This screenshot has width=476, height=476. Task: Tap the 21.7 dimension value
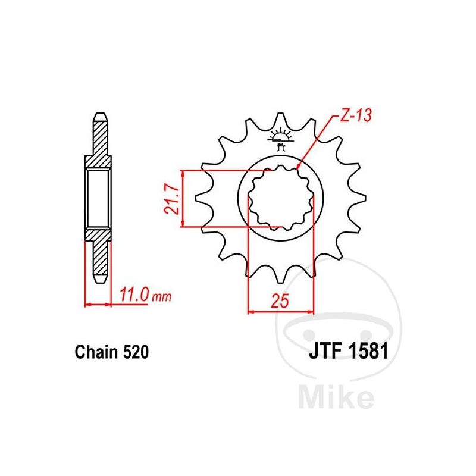(x=172, y=199)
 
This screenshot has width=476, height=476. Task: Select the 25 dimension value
(x=280, y=301)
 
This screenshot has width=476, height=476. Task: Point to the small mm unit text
(x=162, y=296)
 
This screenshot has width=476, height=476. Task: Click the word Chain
(x=96, y=352)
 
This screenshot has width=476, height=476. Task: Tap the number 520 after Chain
(x=136, y=352)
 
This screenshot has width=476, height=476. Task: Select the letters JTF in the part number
(x=326, y=352)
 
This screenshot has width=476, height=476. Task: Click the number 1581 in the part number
(x=368, y=352)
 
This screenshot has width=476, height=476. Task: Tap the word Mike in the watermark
(x=336, y=396)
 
